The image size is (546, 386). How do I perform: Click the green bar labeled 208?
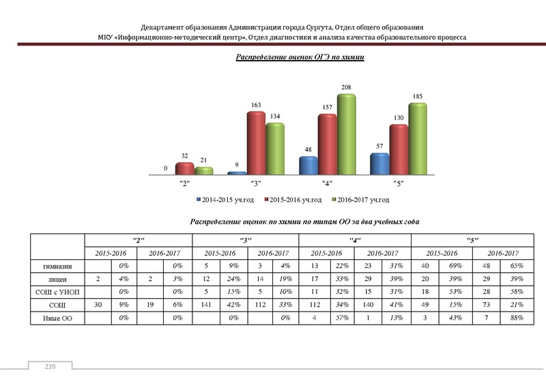click(347, 134)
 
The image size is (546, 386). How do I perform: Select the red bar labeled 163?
click(256, 143)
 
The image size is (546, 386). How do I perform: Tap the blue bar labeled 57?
click(379, 164)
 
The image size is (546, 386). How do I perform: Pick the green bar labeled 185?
click(418, 139)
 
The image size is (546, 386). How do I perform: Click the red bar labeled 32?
click(184, 168)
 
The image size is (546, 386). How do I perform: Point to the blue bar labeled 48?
click(308, 166)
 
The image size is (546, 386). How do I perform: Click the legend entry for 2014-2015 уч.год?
click(225, 200)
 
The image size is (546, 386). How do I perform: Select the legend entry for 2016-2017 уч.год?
click(359, 200)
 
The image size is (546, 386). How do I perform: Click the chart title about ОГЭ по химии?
click(300, 59)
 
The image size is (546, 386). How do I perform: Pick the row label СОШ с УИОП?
click(59, 291)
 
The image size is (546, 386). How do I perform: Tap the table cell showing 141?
click(207, 304)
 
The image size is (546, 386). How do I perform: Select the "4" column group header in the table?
click(356, 239)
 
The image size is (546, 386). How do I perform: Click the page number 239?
click(49, 367)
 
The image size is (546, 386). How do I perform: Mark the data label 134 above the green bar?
click(275, 116)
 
